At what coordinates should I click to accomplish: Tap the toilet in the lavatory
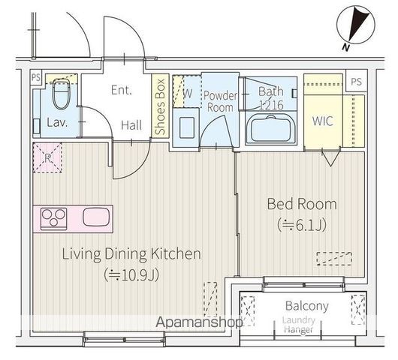(62, 95)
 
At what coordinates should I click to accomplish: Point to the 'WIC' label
(322, 121)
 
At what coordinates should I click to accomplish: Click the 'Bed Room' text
(301, 203)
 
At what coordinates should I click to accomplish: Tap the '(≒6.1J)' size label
(301, 223)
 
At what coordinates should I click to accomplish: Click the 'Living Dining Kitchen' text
(131, 254)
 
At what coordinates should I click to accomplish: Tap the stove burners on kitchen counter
(55, 217)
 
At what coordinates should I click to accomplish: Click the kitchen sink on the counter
(96, 217)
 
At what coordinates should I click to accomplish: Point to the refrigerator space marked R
(47, 158)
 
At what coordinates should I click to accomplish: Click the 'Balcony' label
(306, 306)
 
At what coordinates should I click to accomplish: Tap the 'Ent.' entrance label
(122, 90)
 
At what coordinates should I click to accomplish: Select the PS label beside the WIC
(356, 80)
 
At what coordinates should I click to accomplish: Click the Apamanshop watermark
(198, 323)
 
